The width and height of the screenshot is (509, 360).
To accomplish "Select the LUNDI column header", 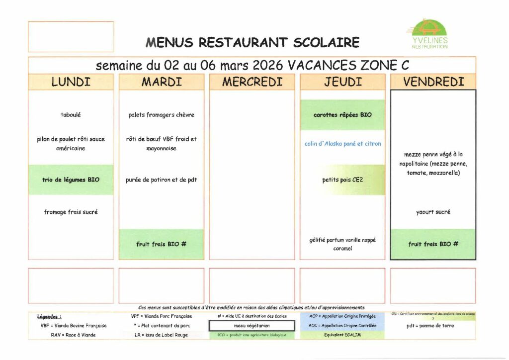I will tap(71, 82).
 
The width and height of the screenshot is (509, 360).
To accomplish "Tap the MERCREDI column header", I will tap(252, 82).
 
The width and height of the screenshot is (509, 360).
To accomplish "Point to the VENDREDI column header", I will tap(433, 82).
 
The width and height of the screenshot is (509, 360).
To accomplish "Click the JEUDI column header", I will tap(342, 82).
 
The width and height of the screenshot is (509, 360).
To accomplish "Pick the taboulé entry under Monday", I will tap(71, 115).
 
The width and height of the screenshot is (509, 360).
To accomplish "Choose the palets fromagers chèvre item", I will tap(162, 115).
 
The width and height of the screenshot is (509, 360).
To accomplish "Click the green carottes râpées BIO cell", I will tap(342, 115).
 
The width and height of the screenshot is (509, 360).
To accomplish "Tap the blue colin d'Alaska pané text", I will tap(342, 144).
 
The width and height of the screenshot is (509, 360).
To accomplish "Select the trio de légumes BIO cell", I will tap(71, 180).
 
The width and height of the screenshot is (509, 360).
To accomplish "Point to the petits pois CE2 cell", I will tap(342, 180).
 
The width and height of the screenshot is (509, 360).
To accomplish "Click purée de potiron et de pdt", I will tap(162, 180).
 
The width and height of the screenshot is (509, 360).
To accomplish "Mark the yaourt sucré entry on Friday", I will tap(433, 212).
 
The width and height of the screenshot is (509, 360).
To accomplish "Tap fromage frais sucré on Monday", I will tap(71, 212).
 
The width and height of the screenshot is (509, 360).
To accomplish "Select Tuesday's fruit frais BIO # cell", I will tap(162, 244).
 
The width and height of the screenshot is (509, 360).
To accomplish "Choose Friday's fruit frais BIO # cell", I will tap(433, 244).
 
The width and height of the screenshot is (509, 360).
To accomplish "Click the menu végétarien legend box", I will tap(252, 326).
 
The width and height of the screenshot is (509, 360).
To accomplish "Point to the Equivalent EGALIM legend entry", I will tap(342, 335).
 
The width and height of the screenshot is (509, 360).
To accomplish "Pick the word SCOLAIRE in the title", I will tap(326, 43).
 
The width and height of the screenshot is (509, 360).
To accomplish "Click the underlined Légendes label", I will tap(49, 316).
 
